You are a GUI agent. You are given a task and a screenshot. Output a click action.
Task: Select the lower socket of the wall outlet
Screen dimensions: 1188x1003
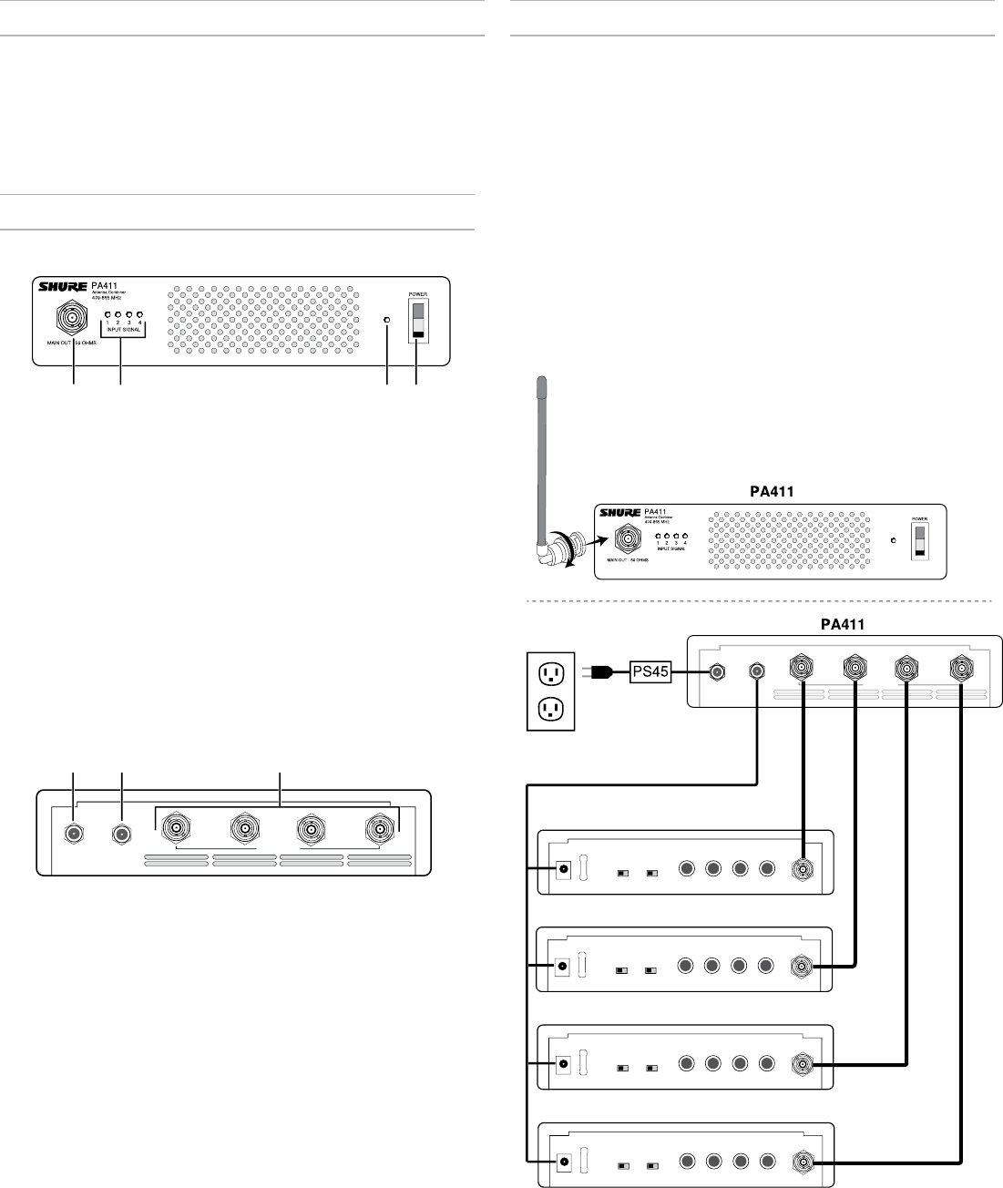click(x=551, y=708)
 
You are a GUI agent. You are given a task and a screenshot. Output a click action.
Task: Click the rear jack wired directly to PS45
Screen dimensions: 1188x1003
click(x=717, y=671)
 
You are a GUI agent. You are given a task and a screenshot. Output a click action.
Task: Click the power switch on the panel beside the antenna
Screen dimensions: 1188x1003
click(x=920, y=538)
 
